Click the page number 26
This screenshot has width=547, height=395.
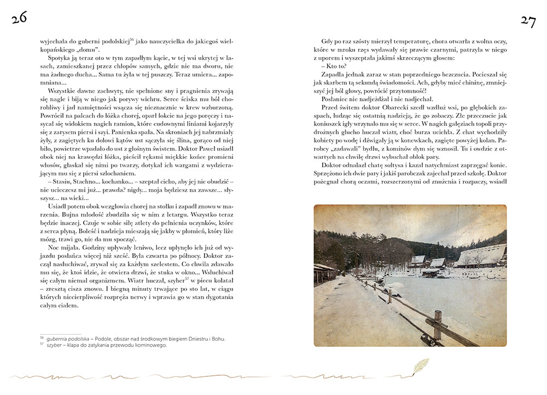tap(18, 20)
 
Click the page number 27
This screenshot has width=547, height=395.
tap(528, 21)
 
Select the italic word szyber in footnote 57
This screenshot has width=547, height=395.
tap(54, 346)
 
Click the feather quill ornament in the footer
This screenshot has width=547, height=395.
tap(420, 365)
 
